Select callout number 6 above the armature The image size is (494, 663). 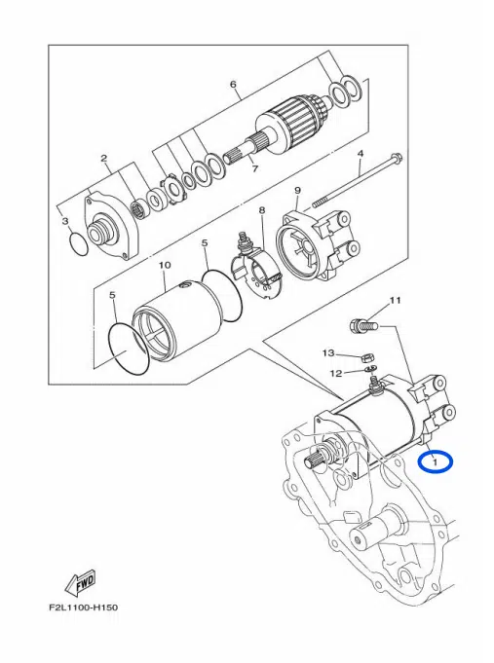pyautogui.click(x=233, y=85)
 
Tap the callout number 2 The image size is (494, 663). pyautogui.click(x=103, y=158)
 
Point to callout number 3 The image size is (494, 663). pyautogui.click(x=66, y=222)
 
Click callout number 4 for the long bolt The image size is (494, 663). pyautogui.click(x=360, y=154)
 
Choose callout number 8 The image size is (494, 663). pyautogui.click(x=261, y=210)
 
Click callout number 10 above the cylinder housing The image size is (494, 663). pyautogui.click(x=165, y=265)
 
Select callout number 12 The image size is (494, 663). pyautogui.click(x=334, y=372)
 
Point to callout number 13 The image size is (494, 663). pyautogui.click(x=329, y=352)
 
